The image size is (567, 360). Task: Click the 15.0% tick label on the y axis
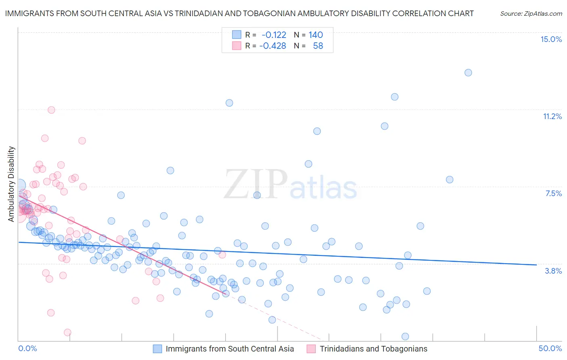(551, 39)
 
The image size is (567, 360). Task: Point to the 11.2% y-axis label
(552, 116)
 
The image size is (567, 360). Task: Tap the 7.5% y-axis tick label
(553, 193)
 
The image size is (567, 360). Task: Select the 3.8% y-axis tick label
(553, 271)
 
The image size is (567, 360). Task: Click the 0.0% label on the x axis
(27, 348)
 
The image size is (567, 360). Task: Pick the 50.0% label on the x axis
(550, 348)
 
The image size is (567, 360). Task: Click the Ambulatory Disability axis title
(11, 184)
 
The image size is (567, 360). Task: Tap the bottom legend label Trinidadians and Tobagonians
(373, 349)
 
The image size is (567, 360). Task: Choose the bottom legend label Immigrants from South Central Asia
(229, 349)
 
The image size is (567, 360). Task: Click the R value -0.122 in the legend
(274, 35)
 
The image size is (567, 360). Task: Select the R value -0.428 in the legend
(273, 46)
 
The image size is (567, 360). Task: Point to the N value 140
(316, 35)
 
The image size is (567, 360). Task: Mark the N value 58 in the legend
(318, 46)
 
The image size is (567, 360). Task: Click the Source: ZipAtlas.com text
(531, 13)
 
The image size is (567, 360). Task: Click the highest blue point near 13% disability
(468, 73)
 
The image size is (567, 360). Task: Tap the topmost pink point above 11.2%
(51, 110)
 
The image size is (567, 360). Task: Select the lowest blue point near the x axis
(405, 337)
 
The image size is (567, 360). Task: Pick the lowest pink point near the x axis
(67, 333)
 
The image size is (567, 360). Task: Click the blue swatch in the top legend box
(236, 35)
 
